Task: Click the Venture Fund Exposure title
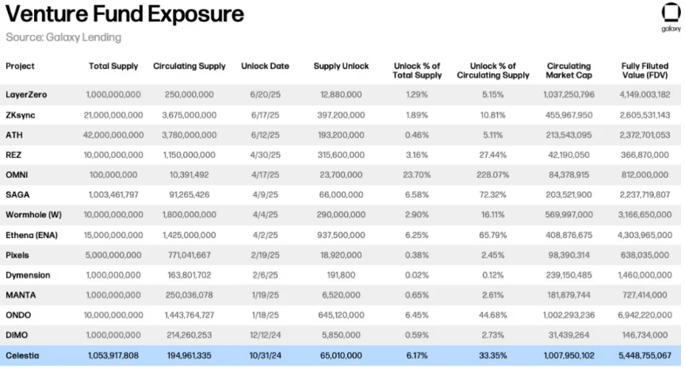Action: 125,14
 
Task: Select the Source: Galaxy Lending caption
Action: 63,37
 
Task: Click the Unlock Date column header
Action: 265,67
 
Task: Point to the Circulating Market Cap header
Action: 568,71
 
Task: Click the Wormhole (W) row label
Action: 33,215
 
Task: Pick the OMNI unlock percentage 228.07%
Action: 493,174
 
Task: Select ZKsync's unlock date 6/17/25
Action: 265,115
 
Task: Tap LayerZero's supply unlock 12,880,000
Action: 341,94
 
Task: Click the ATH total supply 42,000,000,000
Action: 113,135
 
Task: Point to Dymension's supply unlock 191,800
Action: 341,275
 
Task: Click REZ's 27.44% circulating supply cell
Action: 493,155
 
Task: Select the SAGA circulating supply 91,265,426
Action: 189,195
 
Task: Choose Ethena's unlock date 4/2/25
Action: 265,235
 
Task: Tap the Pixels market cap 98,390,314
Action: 568,255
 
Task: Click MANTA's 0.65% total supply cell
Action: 417,295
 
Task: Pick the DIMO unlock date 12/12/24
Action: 265,335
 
